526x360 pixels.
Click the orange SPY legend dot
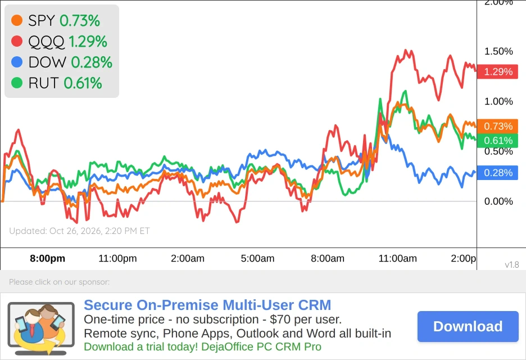pos(17,20)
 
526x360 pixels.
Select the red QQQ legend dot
pos(17,41)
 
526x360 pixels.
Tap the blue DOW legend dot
pos(17,62)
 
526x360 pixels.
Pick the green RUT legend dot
pos(17,83)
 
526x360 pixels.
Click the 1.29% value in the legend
pos(88,41)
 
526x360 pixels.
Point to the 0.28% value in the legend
pos(92,62)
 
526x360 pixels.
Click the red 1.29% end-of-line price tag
pos(497,71)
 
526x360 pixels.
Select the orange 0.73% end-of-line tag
pos(497,126)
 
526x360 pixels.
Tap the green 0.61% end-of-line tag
pos(497,141)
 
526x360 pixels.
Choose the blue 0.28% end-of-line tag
pos(497,173)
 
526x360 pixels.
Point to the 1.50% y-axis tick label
pos(498,51)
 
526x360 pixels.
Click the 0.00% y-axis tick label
pos(498,201)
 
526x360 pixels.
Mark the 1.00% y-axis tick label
pos(498,101)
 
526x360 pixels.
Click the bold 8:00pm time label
pos(48,258)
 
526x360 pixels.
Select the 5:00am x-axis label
pos(257,258)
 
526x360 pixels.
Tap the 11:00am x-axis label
pos(397,258)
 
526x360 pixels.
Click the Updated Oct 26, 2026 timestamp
pos(79,231)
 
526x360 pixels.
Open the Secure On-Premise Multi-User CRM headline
pos(207,305)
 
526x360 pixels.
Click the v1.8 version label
pos(512,264)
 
